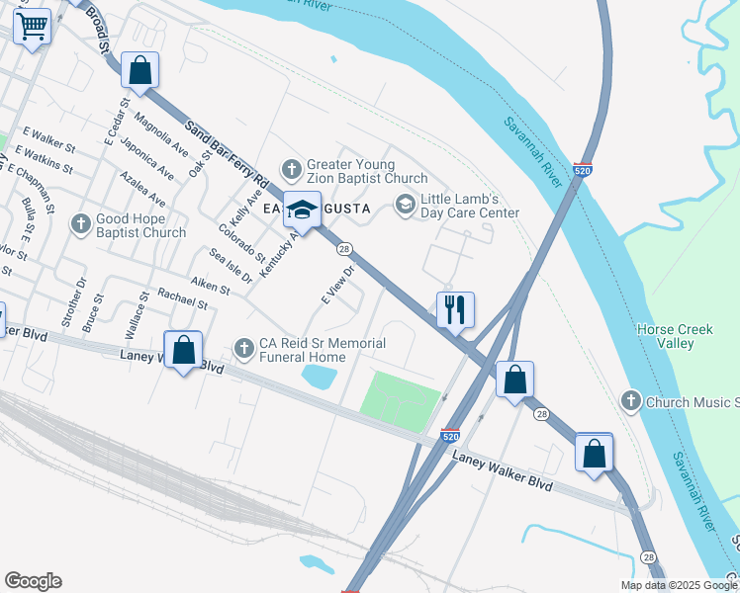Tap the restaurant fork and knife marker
click(455, 309)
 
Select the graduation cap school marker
click(302, 211)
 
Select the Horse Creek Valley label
click(677, 336)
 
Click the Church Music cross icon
click(630, 401)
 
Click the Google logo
click(33, 581)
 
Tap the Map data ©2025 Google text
click(678, 585)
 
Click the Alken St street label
click(210, 287)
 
